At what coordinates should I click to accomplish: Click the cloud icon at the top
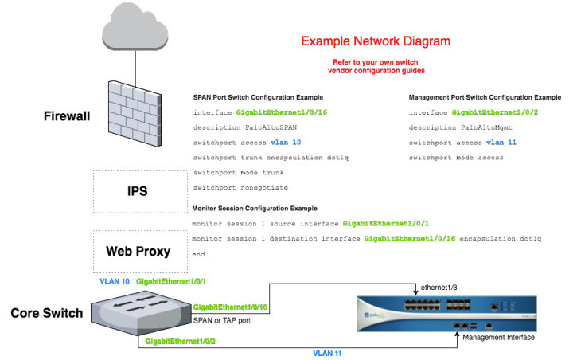pos(136,31)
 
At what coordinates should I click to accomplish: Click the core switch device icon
pos(143,309)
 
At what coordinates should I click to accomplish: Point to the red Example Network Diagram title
pos(375,40)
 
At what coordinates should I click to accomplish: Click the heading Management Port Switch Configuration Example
pos(485,96)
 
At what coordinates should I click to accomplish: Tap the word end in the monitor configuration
pos(199,254)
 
